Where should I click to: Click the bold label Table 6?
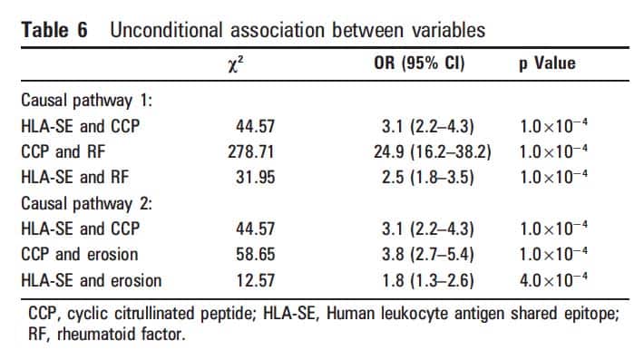54,30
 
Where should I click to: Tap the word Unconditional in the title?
166,30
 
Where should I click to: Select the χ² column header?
236,64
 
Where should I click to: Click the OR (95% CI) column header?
419,63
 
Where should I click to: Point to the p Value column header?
547,63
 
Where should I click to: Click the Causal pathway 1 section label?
87,101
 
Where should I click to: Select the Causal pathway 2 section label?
87,204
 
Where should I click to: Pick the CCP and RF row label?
63,151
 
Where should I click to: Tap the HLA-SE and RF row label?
75,178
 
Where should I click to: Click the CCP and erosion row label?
80,255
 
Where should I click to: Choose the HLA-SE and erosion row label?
92,280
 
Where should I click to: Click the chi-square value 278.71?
251,151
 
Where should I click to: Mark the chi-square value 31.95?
255,178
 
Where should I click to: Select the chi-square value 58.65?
255,255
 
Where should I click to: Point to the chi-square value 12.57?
255,280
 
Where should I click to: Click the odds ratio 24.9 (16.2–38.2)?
433,152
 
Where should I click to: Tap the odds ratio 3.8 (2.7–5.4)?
428,255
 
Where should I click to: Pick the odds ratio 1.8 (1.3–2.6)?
428,281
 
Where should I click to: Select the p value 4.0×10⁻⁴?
553,279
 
